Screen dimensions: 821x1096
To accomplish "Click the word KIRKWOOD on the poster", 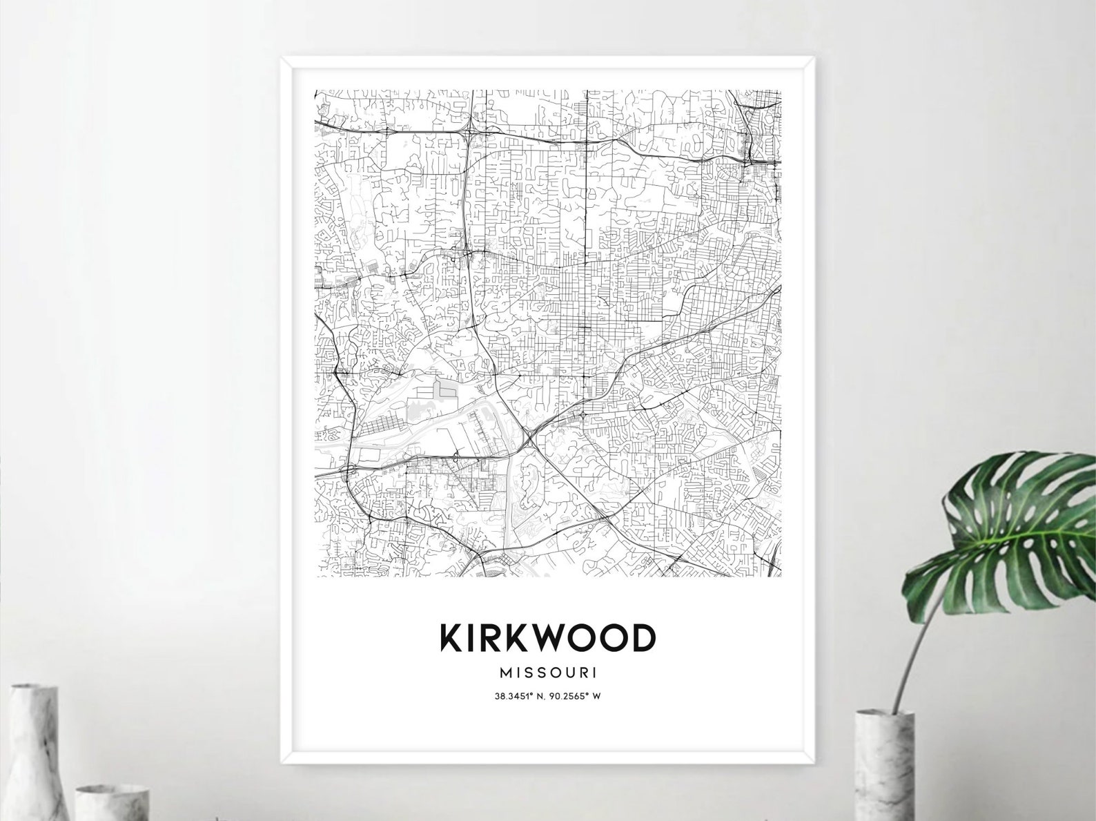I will [x=547, y=638].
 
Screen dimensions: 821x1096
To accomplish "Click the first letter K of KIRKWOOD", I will [x=451, y=638].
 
